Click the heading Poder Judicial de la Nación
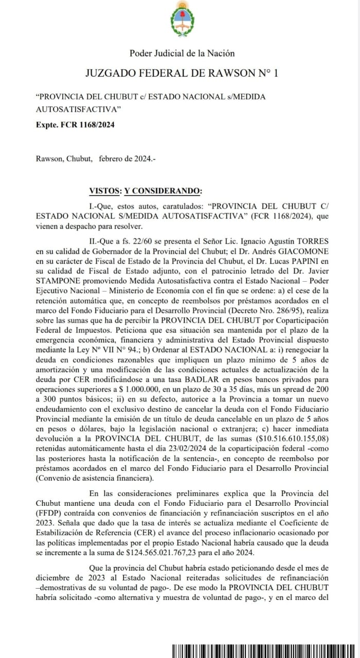(x=182, y=53)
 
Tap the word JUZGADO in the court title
(x=110, y=73)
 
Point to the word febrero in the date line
(x=113, y=159)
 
